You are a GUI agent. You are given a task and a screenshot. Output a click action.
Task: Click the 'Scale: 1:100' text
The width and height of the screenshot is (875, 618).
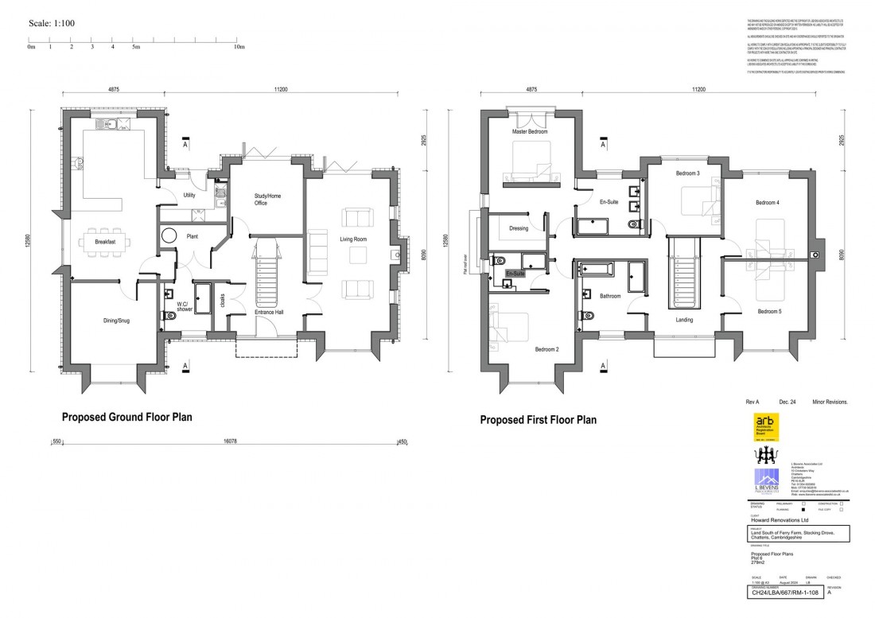pos(52,23)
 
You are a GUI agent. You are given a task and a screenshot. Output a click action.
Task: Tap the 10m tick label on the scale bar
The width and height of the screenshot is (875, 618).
pos(239,47)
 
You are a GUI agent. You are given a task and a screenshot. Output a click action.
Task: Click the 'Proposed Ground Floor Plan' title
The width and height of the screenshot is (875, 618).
pos(126,416)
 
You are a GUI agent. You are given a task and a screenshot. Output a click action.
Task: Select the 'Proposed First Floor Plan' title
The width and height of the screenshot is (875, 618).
pos(538,420)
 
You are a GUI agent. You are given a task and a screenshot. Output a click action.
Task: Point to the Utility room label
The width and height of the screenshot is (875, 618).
pos(189,195)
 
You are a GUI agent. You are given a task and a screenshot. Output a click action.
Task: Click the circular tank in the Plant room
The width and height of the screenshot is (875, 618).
pos(169,236)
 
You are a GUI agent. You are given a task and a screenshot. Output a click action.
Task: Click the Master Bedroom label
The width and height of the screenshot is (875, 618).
pos(530,131)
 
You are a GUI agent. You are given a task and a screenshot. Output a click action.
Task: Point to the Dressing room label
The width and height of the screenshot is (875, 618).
pos(519,228)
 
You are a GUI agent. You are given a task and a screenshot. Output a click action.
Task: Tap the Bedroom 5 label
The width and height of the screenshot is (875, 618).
pos(770,311)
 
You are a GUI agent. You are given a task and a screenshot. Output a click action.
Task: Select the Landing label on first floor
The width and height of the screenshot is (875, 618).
pos(684,320)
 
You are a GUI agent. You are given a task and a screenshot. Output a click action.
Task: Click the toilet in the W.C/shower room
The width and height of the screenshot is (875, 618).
pos(167,315)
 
